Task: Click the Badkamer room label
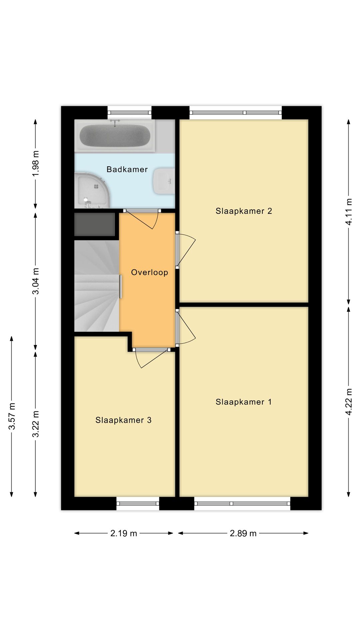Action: pos(127,169)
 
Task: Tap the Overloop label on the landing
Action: pos(149,272)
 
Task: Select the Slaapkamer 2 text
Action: pos(244,211)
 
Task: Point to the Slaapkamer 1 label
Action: pos(244,402)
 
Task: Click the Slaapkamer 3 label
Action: pos(123,420)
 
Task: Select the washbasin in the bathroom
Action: pos(164,181)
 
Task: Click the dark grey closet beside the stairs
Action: pos(95,225)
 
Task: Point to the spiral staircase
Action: pos(97,286)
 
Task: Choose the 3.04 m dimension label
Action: pos(36,281)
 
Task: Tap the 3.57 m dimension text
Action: pos(12,416)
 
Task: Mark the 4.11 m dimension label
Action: pos(349,212)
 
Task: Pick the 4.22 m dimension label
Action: pos(349,402)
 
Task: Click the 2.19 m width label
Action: pos(124,533)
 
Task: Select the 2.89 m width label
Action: pos(243,533)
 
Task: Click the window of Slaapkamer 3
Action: pos(138,503)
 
